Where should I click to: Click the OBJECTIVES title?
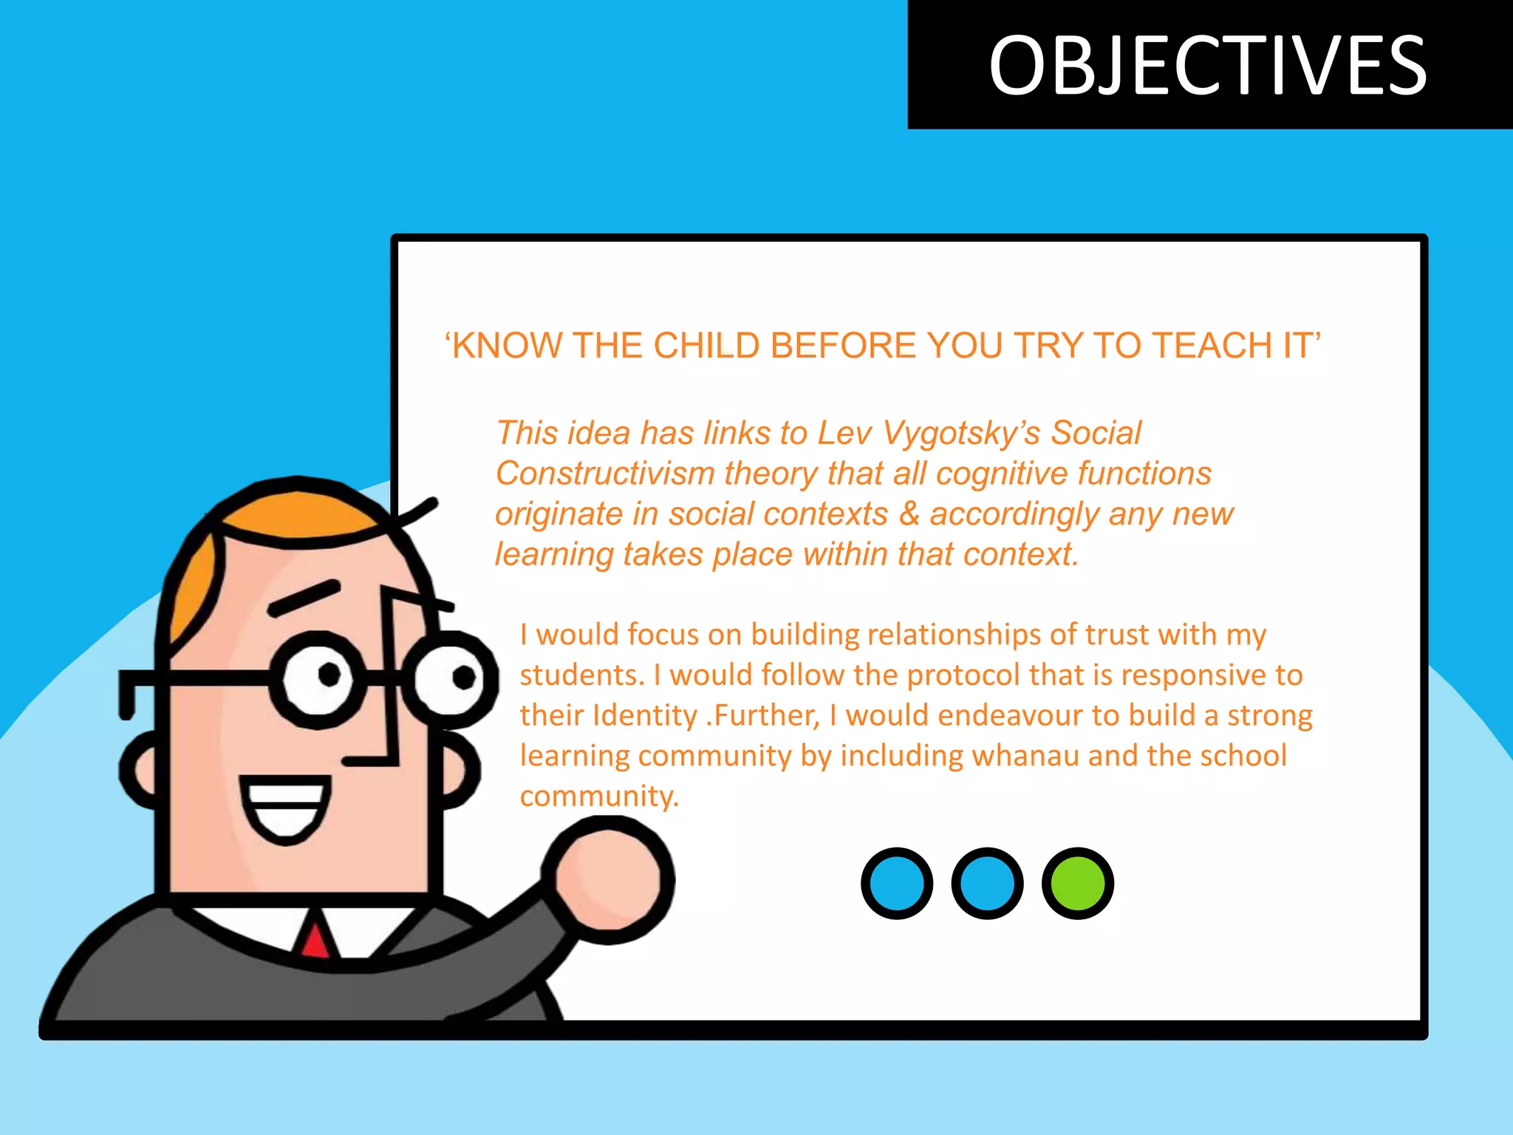click(1208, 66)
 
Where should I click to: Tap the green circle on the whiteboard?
click(1077, 883)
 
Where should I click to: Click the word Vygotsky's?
click(961, 433)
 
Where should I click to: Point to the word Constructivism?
click(605, 474)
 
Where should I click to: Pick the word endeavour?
click(964, 715)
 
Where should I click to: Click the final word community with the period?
click(598, 797)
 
